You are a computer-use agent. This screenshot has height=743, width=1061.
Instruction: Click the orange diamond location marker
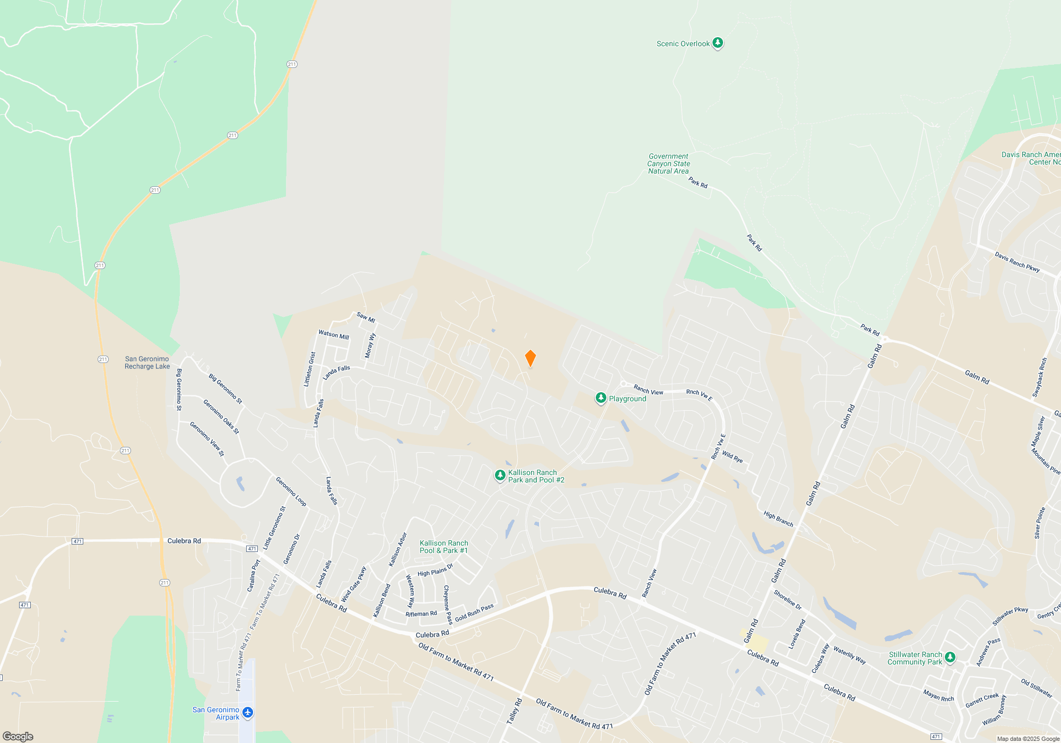tap(530, 358)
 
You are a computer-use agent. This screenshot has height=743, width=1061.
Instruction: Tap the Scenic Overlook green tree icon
tap(717, 43)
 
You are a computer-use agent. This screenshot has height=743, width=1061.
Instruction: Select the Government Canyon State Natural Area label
tap(668, 163)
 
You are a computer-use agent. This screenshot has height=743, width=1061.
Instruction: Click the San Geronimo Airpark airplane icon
tap(247, 712)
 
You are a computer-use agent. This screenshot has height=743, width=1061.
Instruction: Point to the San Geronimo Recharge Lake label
tap(147, 362)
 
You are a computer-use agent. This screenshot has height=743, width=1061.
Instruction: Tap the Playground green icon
tap(601, 398)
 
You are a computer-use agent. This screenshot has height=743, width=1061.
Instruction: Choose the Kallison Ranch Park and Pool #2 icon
tap(500, 476)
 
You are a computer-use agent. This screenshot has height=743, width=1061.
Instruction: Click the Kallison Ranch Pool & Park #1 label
tap(443, 547)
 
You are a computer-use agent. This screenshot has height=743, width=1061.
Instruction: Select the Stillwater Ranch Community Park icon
tap(950, 658)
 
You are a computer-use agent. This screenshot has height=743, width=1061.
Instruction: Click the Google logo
tap(18, 737)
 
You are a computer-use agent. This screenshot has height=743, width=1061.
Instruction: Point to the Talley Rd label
tap(514, 711)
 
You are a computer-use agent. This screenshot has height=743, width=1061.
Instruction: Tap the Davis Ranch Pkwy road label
tap(1017, 262)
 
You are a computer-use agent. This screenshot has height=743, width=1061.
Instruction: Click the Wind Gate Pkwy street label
tap(353, 584)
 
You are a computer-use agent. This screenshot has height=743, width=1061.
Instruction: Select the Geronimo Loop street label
tap(291, 491)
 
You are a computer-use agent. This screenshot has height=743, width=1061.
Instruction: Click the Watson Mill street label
tap(334, 335)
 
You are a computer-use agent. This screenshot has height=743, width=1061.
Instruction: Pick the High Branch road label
tap(778, 519)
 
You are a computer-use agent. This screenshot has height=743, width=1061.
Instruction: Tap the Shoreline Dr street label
tap(787, 600)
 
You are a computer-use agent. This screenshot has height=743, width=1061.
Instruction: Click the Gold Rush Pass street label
tap(474, 612)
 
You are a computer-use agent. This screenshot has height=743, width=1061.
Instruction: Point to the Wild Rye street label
tap(732, 457)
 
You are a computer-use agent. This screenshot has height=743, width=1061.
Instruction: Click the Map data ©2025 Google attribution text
tap(1028, 739)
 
